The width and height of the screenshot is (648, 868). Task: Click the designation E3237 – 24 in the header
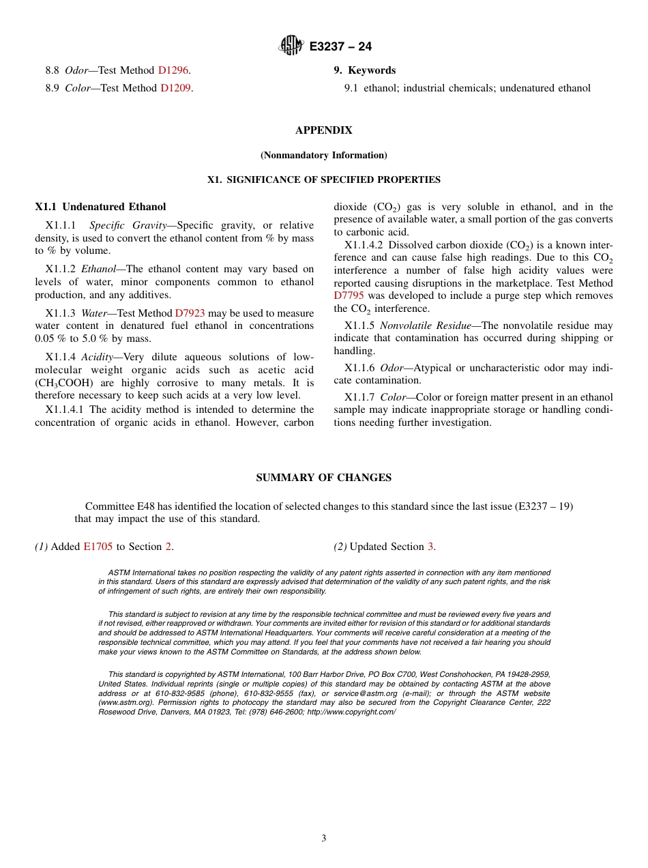coord(340,46)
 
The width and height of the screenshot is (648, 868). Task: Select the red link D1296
coord(173,70)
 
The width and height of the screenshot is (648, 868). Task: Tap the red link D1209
coord(175,88)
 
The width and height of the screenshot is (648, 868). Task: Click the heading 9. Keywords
coord(364,70)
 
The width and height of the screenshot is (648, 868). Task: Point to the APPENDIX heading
coord(323,130)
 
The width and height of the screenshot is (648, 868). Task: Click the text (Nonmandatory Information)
coord(323,156)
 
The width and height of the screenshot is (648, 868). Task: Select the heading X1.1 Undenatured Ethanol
coord(100,207)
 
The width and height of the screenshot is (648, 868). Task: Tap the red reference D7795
coord(349,295)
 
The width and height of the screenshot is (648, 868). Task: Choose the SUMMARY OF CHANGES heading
coord(323,478)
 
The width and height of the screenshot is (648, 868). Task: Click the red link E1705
coord(98,547)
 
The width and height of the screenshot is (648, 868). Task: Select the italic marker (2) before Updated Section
coord(340,547)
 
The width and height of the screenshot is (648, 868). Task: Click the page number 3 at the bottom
coord(324,839)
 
